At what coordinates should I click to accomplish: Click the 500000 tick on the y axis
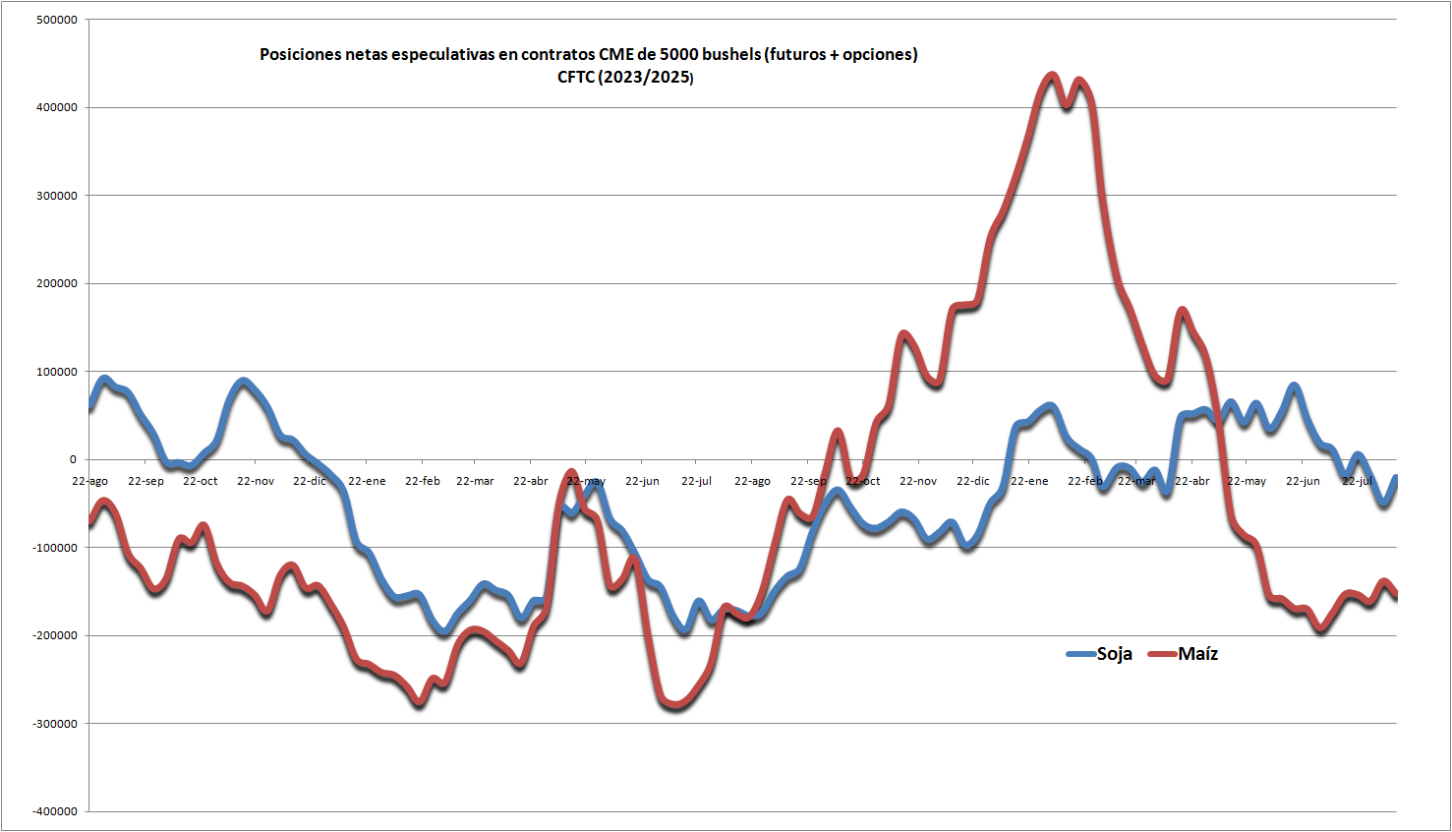click(x=57, y=20)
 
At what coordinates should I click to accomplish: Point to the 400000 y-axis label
click(x=57, y=107)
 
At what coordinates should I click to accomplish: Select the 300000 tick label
click(x=57, y=196)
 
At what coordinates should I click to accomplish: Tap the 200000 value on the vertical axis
click(x=57, y=283)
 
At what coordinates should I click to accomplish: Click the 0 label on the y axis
click(x=72, y=459)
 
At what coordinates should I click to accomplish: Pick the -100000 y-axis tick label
click(x=54, y=548)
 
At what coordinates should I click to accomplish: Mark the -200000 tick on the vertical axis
click(x=54, y=635)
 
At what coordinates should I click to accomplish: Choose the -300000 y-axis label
click(x=54, y=724)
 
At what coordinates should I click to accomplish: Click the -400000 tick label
click(x=54, y=811)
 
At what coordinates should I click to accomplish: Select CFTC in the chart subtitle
click(x=576, y=78)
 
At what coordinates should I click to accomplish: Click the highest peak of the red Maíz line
click(x=1052, y=75)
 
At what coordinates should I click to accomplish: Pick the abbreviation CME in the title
click(x=616, y=55)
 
